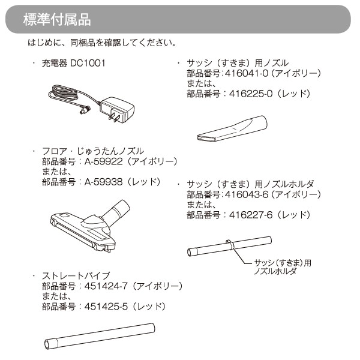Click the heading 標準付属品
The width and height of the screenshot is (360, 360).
point(57,20)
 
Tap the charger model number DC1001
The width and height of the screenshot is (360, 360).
point(88,63)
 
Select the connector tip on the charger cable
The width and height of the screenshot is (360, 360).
point(85,110)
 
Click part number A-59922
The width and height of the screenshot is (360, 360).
point(104,161)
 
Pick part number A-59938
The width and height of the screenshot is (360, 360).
point(104,182)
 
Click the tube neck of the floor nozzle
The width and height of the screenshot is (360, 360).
point(116,212)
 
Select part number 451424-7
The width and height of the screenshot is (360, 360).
point(106,286)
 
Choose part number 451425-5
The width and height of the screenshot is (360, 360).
point(106,307)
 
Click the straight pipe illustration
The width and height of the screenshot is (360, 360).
point(100,336)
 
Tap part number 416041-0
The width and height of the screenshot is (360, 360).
point(247,73)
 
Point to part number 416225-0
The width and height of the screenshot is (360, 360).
point(251,94)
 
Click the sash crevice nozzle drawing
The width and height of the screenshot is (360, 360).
point(232,128)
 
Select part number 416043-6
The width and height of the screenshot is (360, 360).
point(247,194)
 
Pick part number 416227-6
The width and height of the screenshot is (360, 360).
point(251,215)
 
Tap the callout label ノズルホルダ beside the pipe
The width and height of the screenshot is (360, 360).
point(275,271)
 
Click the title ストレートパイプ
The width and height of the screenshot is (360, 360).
point(76,276)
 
